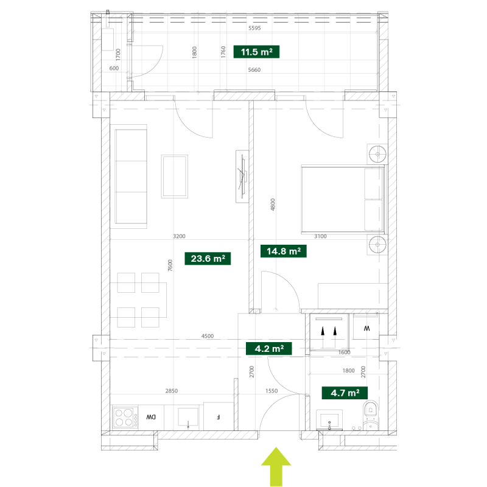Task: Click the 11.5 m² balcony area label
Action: point(256,52)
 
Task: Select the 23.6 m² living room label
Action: point(208,258)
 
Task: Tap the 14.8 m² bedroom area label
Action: point(283,251)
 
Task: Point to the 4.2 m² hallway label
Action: point(268,348)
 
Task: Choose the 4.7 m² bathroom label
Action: point(345,393)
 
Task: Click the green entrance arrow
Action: point(276,466)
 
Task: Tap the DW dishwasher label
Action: point(151,417)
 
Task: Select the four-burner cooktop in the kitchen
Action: point(125,418)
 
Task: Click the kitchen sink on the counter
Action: point(188,418)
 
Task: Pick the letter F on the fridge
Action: point(219,417)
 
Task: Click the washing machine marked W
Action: point(366,328)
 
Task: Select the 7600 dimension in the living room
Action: point(170,265)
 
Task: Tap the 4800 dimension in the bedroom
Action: point(273,205)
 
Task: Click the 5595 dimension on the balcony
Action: point(254,28)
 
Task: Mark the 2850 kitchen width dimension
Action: point(172,391)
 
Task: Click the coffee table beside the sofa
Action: point(175,177)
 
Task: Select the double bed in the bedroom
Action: point(343,199)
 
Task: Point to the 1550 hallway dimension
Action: point(272,391)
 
